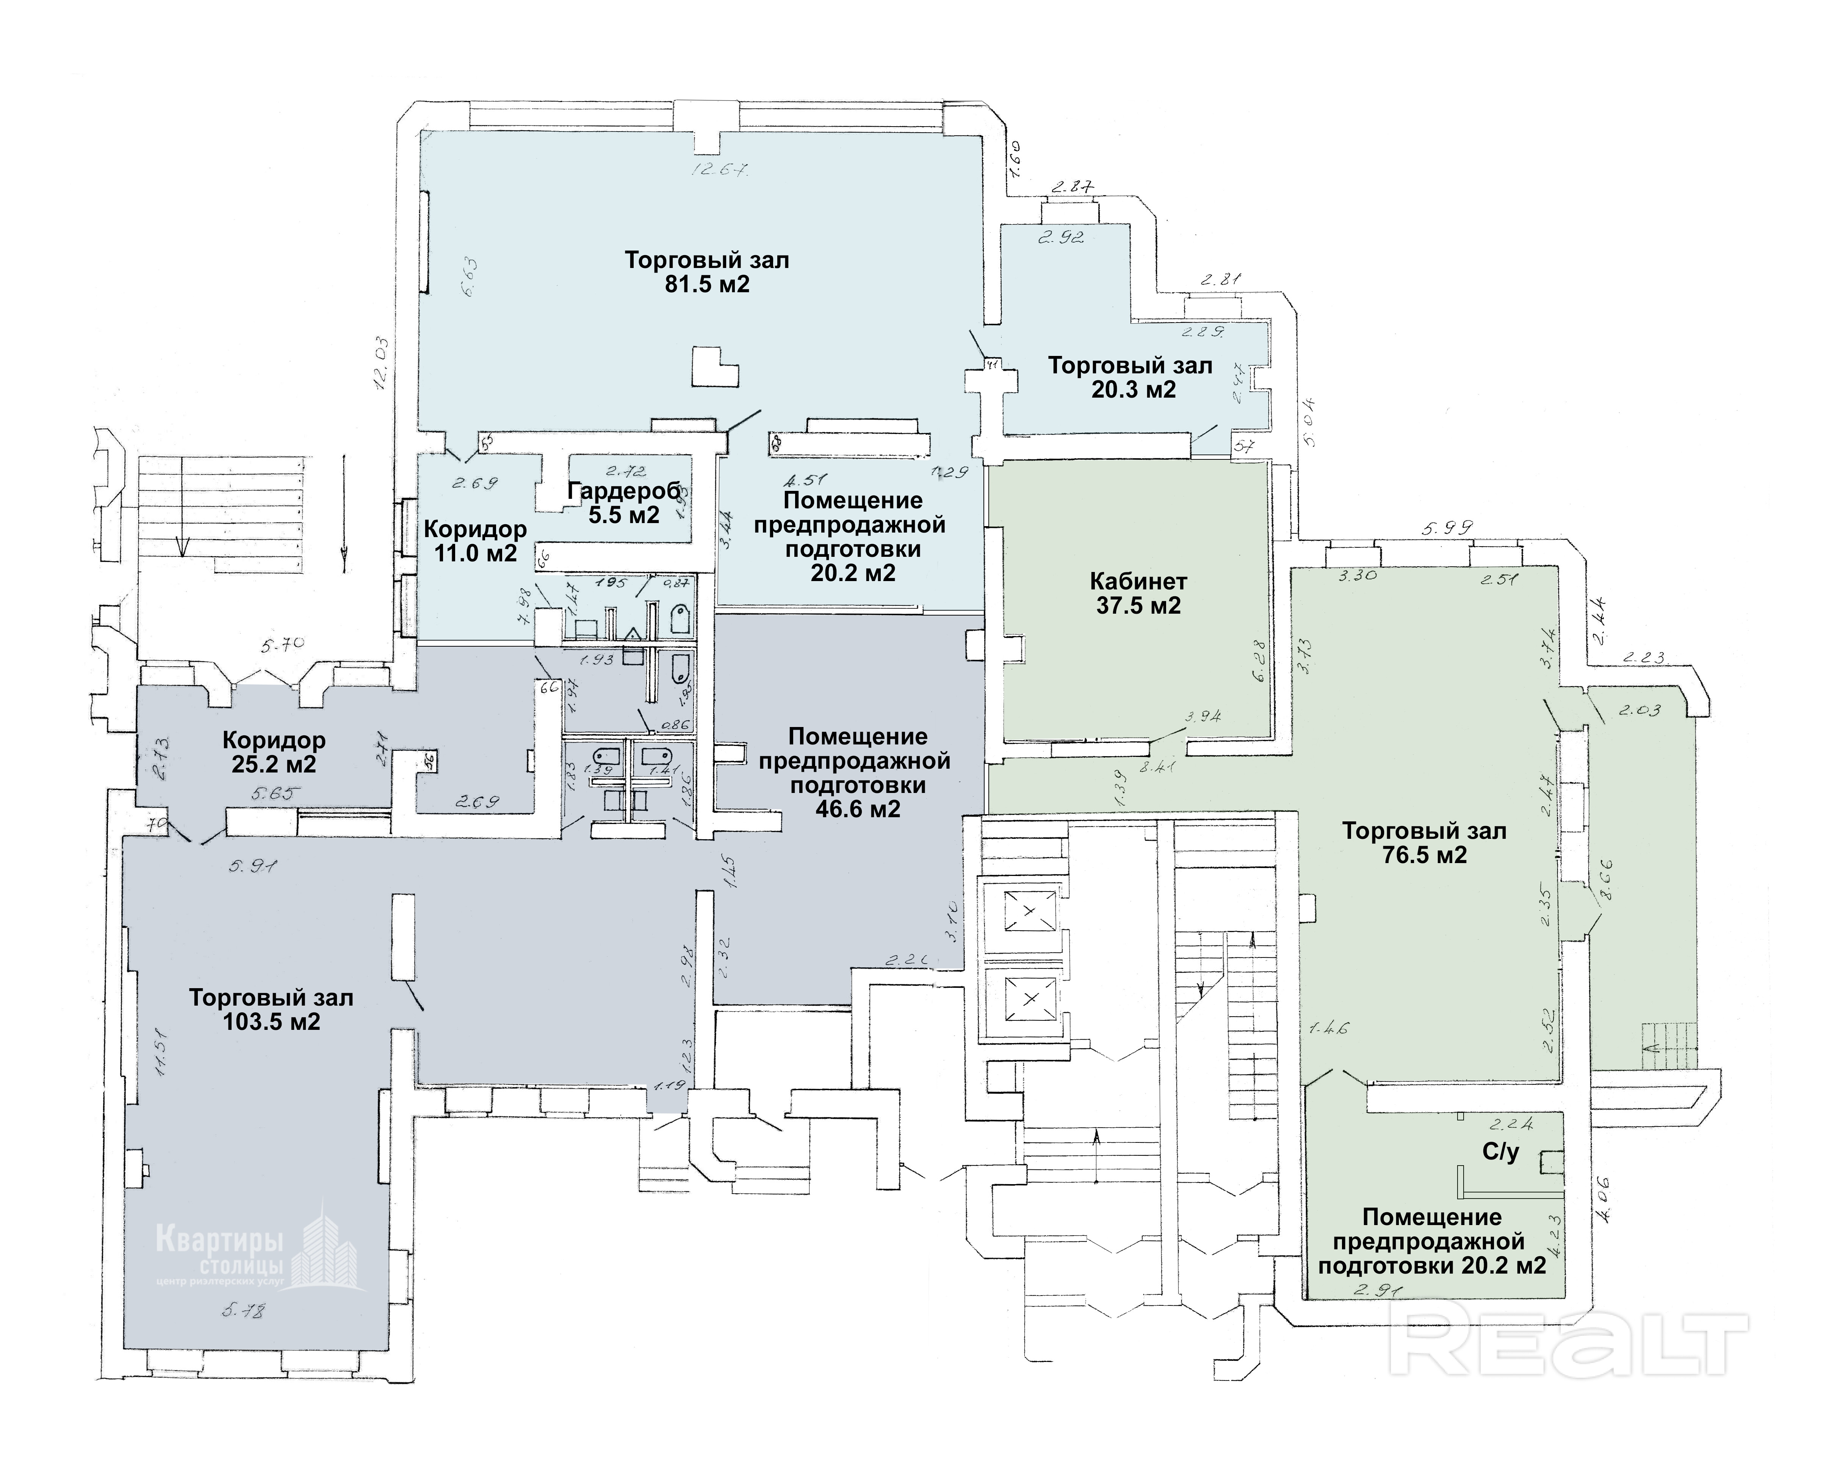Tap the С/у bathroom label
1500,1152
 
